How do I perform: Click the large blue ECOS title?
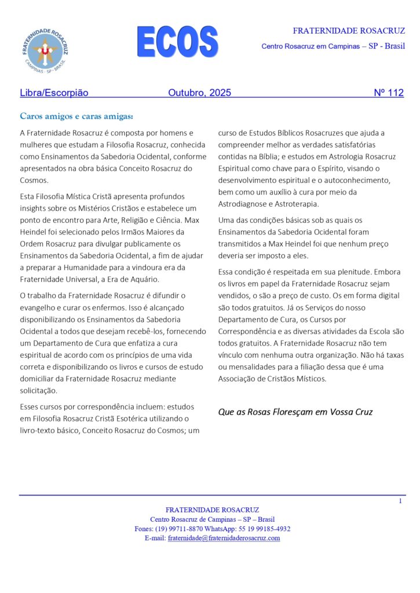coord(177,42)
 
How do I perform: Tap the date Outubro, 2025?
coord(199,93)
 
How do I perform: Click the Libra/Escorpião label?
coord(54,93)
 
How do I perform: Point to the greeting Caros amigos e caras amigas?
coord(76,116)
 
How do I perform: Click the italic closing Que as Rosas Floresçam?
coord(295,412)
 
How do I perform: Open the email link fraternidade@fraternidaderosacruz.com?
coord(224,538)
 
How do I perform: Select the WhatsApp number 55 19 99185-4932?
coord(264,529)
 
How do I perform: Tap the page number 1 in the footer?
coord(400,501)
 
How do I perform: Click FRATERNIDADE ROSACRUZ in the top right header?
coord(348,31)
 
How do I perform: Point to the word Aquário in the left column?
coord(142,280)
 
